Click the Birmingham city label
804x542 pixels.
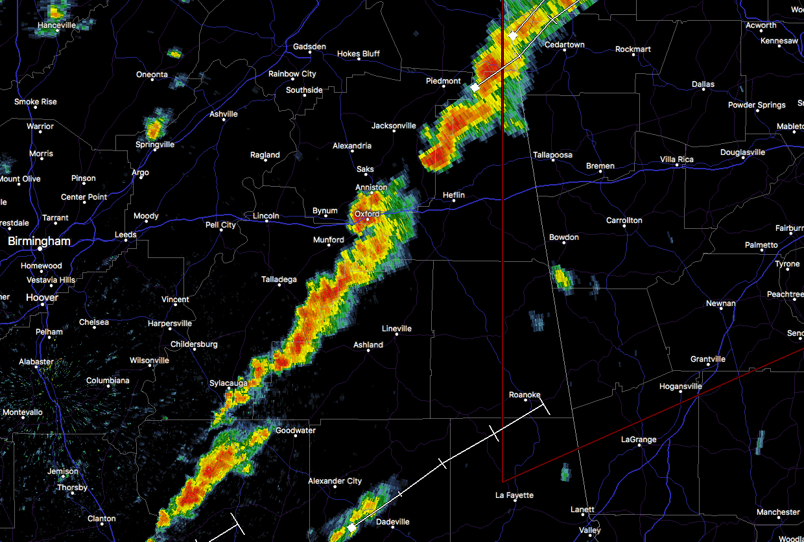[39, 241]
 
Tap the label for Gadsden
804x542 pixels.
[309, 47]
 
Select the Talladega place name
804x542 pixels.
[279, 280]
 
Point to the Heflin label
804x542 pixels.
[453, 195]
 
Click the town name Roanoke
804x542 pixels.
[525, 395]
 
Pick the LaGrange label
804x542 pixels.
[639, 440]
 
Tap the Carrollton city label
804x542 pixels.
[624, 220]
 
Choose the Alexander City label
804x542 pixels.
[335, 481]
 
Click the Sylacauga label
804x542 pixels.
[228, 384]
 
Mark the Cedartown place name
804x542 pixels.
[564, 45]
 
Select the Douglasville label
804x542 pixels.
[742, 152]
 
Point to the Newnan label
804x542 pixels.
[720, 303]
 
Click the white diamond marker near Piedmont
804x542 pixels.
[475, 87]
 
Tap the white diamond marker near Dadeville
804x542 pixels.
[351, 528]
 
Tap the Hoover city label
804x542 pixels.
[42, 298]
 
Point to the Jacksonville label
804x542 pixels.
[394, 126]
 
